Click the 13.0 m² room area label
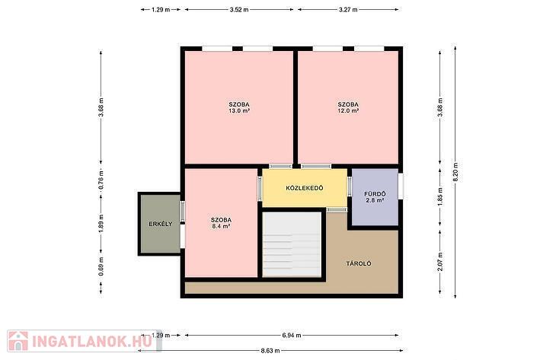239,110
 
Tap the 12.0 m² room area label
348,110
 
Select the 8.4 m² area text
221,226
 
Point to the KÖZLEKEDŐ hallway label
305,188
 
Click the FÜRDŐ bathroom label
375,194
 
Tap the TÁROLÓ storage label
359,263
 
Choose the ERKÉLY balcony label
160,224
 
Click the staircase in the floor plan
292,244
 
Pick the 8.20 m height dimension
455,172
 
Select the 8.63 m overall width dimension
270,351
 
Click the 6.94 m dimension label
292,335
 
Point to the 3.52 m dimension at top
239,10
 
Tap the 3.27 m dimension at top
348,10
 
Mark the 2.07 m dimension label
440,262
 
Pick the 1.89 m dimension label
101,225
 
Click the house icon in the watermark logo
18,341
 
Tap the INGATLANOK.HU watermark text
92,341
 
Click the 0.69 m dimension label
101,266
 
